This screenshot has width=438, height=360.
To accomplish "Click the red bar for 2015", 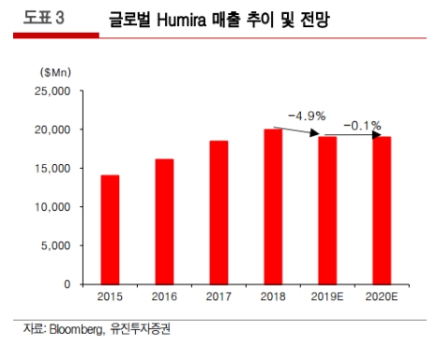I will pyautogui.click(x=109, y=229).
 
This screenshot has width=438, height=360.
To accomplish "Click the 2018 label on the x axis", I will pyautogui.click(x=272, y=297).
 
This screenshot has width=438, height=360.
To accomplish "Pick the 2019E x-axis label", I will pyautogui.click(x=327, y=297).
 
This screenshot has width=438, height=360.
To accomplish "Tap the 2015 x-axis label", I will pyautogui.click(x=109, y=297).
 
